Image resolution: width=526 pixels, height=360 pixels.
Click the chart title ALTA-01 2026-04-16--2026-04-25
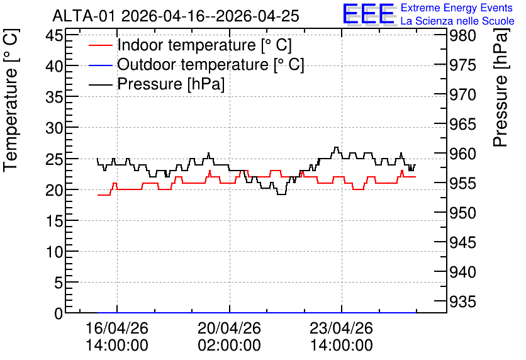(x=176, y=16)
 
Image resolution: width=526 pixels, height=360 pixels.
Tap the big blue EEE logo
(x=368, y=14)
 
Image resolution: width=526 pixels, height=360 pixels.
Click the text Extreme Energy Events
(x=457, y=8)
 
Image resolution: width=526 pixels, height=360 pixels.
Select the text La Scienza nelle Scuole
(x=457, y=21)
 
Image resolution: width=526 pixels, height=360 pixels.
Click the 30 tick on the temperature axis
(x=54, y=128)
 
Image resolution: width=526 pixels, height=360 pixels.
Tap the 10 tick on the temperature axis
(x=54, y=252)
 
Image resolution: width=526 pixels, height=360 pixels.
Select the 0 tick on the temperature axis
(x=59, y=313)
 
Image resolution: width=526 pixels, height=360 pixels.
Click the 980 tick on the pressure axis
(x=462, y=36)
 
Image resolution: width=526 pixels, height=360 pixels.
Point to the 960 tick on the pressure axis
(x=462, y=154)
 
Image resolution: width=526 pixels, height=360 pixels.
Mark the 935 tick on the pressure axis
(x=462, y=302)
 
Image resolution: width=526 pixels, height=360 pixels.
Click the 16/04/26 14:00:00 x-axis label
(x=117, y=337)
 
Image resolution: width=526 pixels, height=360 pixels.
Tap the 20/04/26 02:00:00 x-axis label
(x=229, y=337)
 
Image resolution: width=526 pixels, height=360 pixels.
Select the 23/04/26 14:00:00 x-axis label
(x=341, y=337)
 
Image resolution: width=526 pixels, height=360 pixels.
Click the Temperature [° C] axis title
(x=11, y=100)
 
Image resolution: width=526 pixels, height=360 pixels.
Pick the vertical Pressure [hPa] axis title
(x=500, y=87)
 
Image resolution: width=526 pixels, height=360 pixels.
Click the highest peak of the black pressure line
(x=336, y=147)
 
